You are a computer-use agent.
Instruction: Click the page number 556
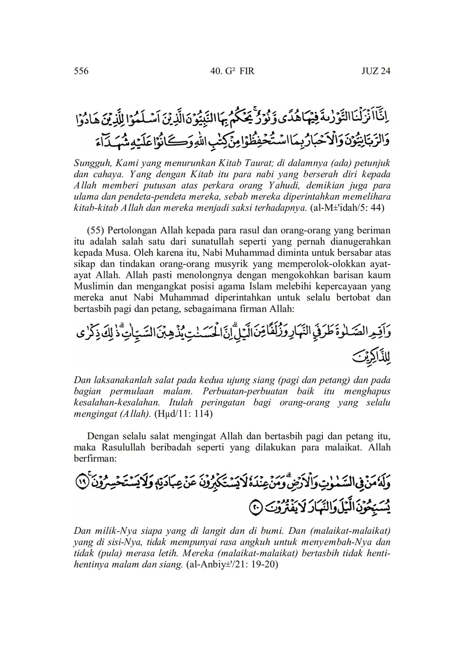[x=81, y=71]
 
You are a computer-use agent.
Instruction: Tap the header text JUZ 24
[x=375, y=71]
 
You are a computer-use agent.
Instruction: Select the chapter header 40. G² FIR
[x=232, y=71]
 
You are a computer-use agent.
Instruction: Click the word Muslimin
[x=91, y=287]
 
